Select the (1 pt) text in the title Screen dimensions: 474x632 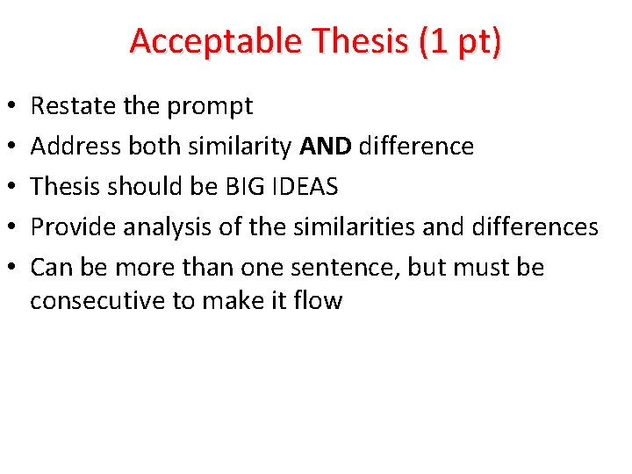coord(461,41)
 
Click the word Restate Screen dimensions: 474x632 coord(74,106)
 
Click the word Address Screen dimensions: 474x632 coord(76,147)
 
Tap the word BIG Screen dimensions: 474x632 coord(230,187)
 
